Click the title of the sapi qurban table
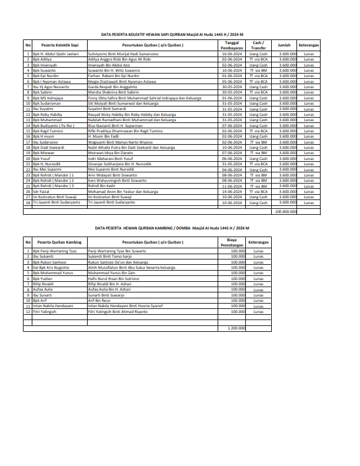coord(180,35)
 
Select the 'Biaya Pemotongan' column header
coord(231,241)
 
